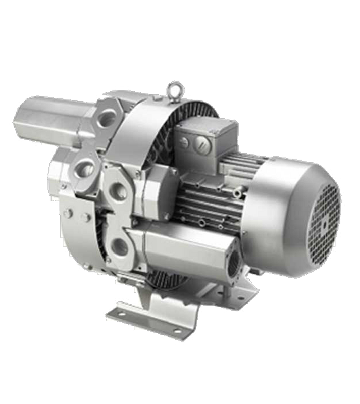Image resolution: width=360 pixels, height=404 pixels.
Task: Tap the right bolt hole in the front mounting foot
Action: [178, 332]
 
